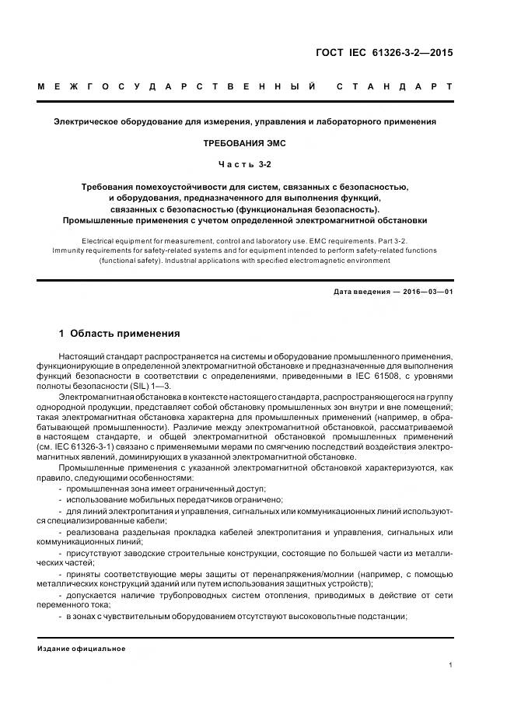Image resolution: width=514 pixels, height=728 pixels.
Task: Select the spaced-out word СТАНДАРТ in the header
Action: point(393,87)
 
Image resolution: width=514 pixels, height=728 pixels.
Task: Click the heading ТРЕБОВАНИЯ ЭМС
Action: point(245,144)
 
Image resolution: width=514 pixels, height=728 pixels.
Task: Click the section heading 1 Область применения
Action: point(120,334)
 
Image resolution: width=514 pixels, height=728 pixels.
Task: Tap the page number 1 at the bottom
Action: point(451,665)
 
